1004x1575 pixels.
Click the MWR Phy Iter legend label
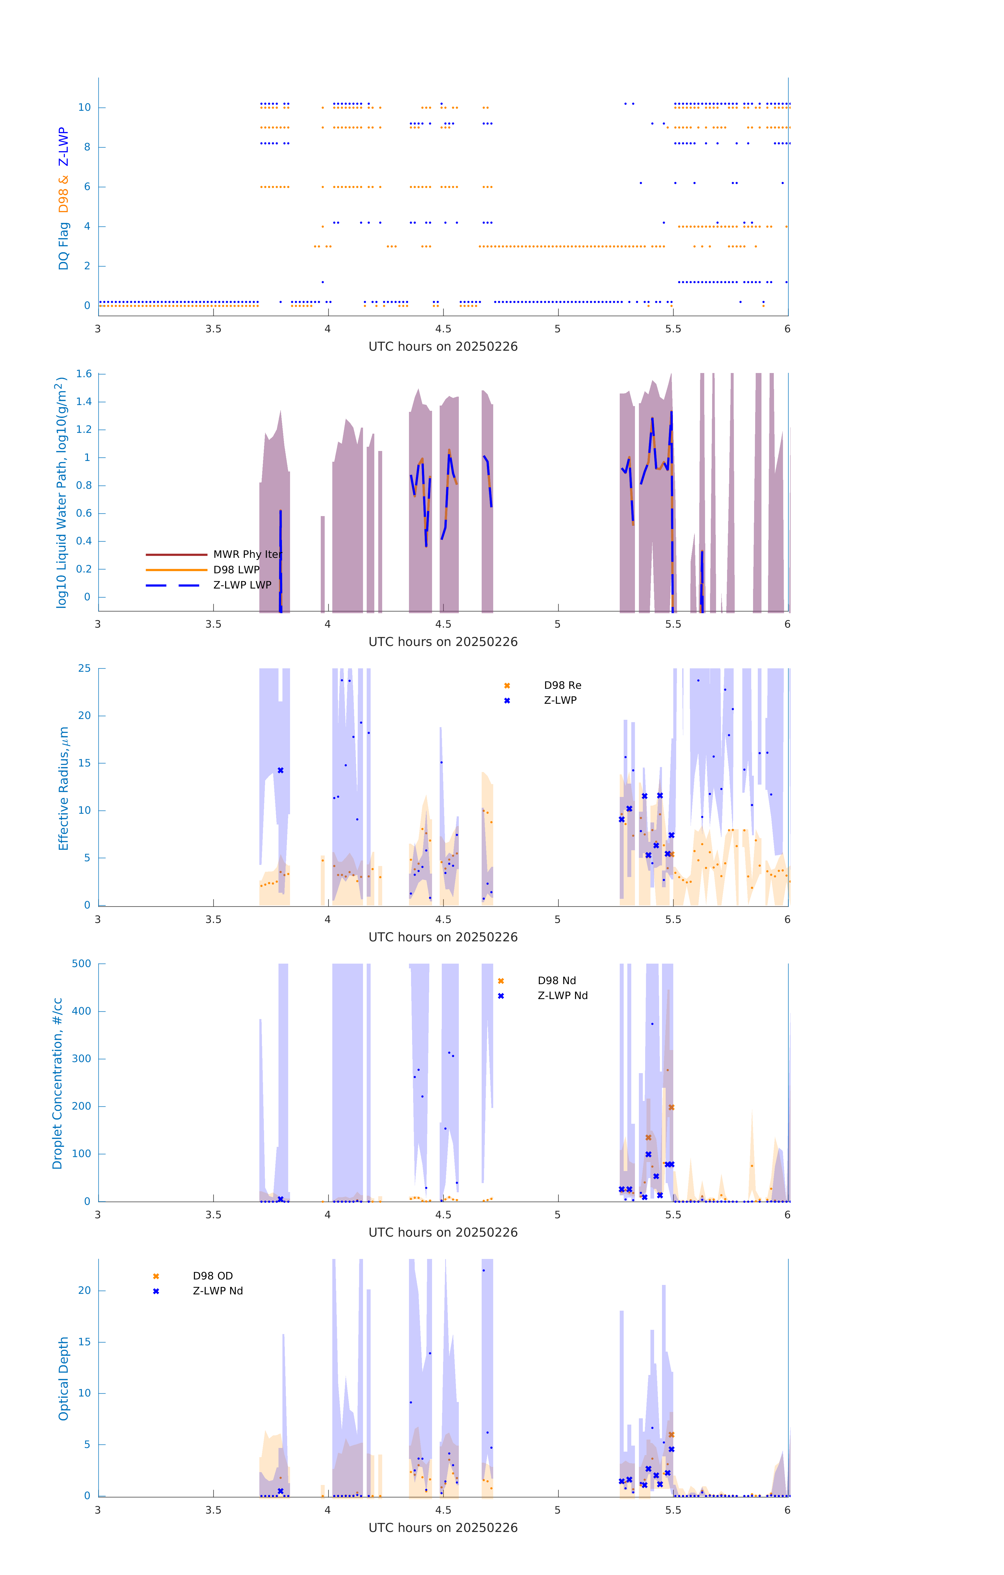point(247,554)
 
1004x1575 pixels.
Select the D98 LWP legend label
point(236,570)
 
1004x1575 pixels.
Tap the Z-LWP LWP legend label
point(242,585)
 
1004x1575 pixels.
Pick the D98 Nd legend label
point(557,980)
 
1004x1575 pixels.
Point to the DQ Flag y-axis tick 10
point(84,107)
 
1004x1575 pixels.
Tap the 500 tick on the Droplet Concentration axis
point(81,963)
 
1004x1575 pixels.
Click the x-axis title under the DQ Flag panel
point(443,347)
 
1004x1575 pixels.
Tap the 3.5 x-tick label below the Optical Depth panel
point(213,1510)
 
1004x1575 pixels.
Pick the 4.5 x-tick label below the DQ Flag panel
point(443,329)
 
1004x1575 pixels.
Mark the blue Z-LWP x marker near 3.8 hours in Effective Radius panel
point(281,770)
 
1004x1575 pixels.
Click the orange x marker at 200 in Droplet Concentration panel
point(671,1107)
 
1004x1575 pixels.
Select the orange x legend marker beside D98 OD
point(156,1276)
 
